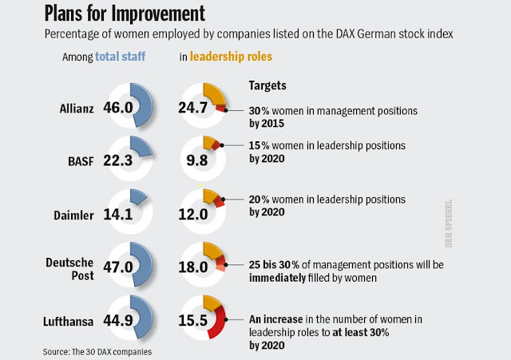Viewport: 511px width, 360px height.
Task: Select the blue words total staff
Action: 122,58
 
